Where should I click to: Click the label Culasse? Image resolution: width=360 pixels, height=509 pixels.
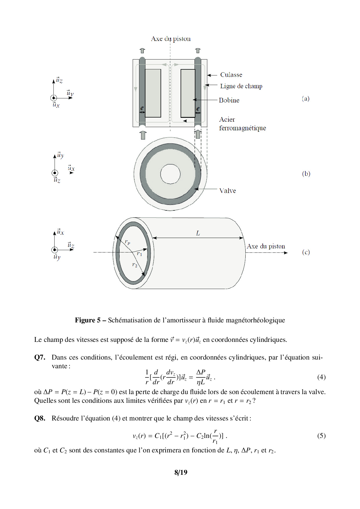[x=231, y=75]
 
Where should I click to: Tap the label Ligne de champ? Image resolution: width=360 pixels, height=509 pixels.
[x=241, y=86]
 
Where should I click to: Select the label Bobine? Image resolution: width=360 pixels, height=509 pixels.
[x=229, y=100]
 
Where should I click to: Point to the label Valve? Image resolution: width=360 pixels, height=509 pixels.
[x=228, y=191]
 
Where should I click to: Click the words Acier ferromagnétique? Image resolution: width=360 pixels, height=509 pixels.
[x=242, y=124]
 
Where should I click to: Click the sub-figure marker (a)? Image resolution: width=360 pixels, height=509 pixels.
[x=306, y=99]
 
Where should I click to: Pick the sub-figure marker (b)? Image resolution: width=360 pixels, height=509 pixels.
[x=306, y=174]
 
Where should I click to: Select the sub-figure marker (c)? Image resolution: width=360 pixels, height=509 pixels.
[x=306, y=252]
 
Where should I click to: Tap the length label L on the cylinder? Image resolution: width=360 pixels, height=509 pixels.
[x=198, y=233]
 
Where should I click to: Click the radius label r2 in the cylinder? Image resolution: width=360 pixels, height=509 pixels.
[x=135, y=265]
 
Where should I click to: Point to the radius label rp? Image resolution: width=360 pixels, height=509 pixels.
[x=127, y=242]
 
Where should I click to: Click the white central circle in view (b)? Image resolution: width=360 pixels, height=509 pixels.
[x=170, y=174]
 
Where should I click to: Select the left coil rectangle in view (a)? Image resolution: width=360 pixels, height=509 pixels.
[x=153, y=93]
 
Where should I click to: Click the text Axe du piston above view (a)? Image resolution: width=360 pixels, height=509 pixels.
[x=171, y=39]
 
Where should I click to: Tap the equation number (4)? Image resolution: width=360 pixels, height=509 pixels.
[x=321, y=377]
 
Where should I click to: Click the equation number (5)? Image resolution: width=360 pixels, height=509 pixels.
[x=321, y=436]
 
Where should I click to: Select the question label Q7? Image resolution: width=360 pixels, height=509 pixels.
[x=40, y=358]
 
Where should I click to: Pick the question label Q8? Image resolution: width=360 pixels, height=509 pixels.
[x=40, y=418]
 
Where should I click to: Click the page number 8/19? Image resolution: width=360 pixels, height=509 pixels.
[x=181, y=472]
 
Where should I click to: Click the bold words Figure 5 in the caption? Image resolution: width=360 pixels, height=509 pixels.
[x=88, y=320]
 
